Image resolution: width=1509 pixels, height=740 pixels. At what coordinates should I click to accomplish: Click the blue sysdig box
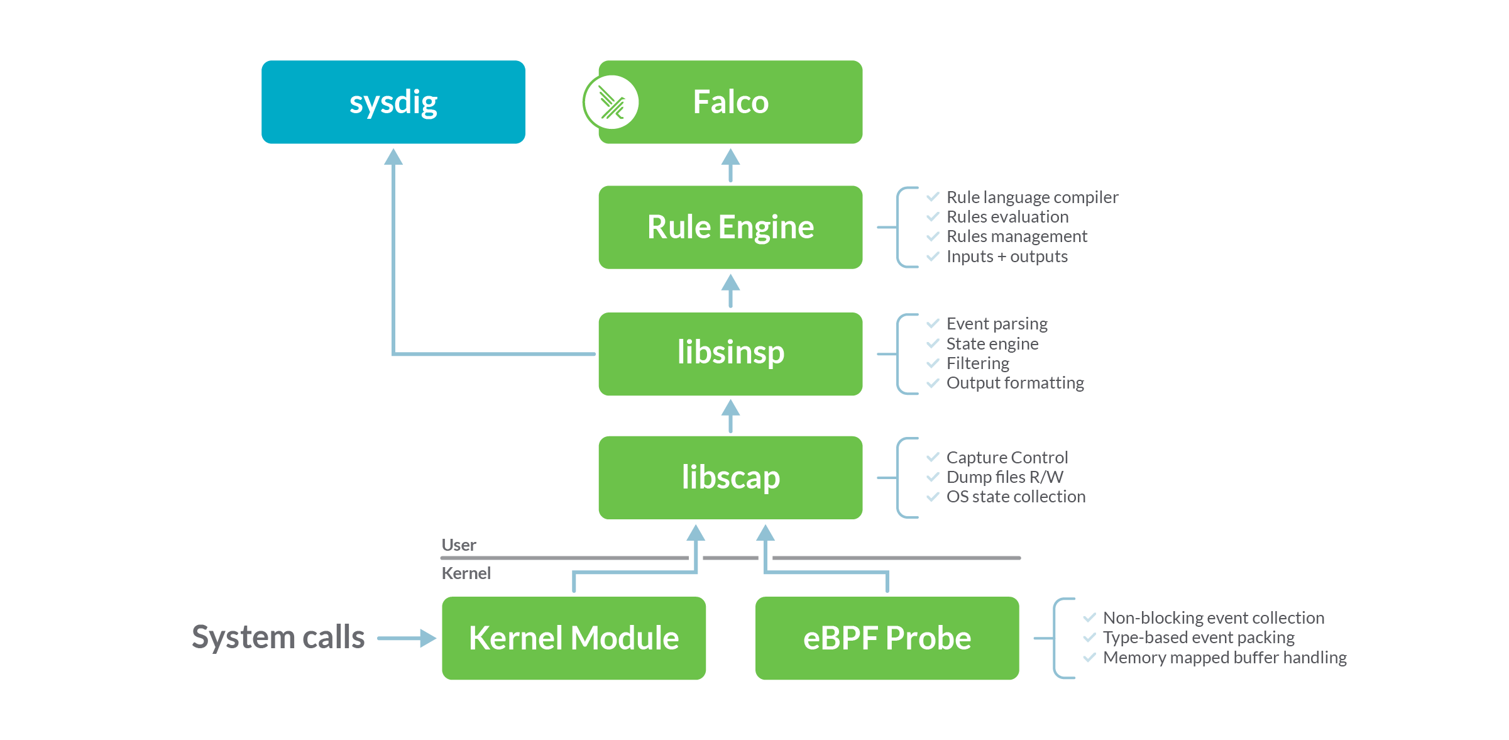coord(393,102)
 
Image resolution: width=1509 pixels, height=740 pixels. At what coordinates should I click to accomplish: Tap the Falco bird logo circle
coord(611,102)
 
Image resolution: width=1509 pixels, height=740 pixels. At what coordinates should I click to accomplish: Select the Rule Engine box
coord(730,227)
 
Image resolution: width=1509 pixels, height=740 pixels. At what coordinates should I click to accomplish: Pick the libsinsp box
coord(730,353)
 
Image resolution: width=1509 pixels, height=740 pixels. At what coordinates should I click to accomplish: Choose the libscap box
coord(730,477)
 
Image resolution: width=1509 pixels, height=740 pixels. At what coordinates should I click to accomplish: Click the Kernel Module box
coord(573,638)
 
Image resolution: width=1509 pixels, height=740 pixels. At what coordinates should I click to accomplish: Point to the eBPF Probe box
coord(887,638)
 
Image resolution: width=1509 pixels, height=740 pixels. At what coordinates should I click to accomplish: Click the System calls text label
coord(278,637)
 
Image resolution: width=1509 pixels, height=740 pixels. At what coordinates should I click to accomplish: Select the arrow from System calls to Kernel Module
coord(407,638)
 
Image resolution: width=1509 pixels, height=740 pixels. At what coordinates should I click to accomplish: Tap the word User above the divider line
coord(459,545)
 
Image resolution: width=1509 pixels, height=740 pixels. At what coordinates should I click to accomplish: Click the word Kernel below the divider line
coord(466,573)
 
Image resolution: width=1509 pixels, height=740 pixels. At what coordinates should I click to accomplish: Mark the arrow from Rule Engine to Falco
coord(730,165)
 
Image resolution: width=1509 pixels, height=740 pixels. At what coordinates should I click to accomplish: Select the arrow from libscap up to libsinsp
coord(730,416)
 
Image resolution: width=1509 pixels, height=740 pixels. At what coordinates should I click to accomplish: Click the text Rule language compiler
coord(1032,197)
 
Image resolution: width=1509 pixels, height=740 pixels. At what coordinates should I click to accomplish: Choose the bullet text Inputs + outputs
coord(1007,257)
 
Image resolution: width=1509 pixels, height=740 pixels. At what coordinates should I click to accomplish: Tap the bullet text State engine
coord(992,344)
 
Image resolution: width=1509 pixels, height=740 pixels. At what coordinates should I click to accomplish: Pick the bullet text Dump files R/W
coord(1004,477)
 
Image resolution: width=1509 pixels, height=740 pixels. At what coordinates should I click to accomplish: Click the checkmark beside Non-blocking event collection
coord(1089,617)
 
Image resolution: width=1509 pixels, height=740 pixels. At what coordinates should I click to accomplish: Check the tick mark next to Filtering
coord(933,363)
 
